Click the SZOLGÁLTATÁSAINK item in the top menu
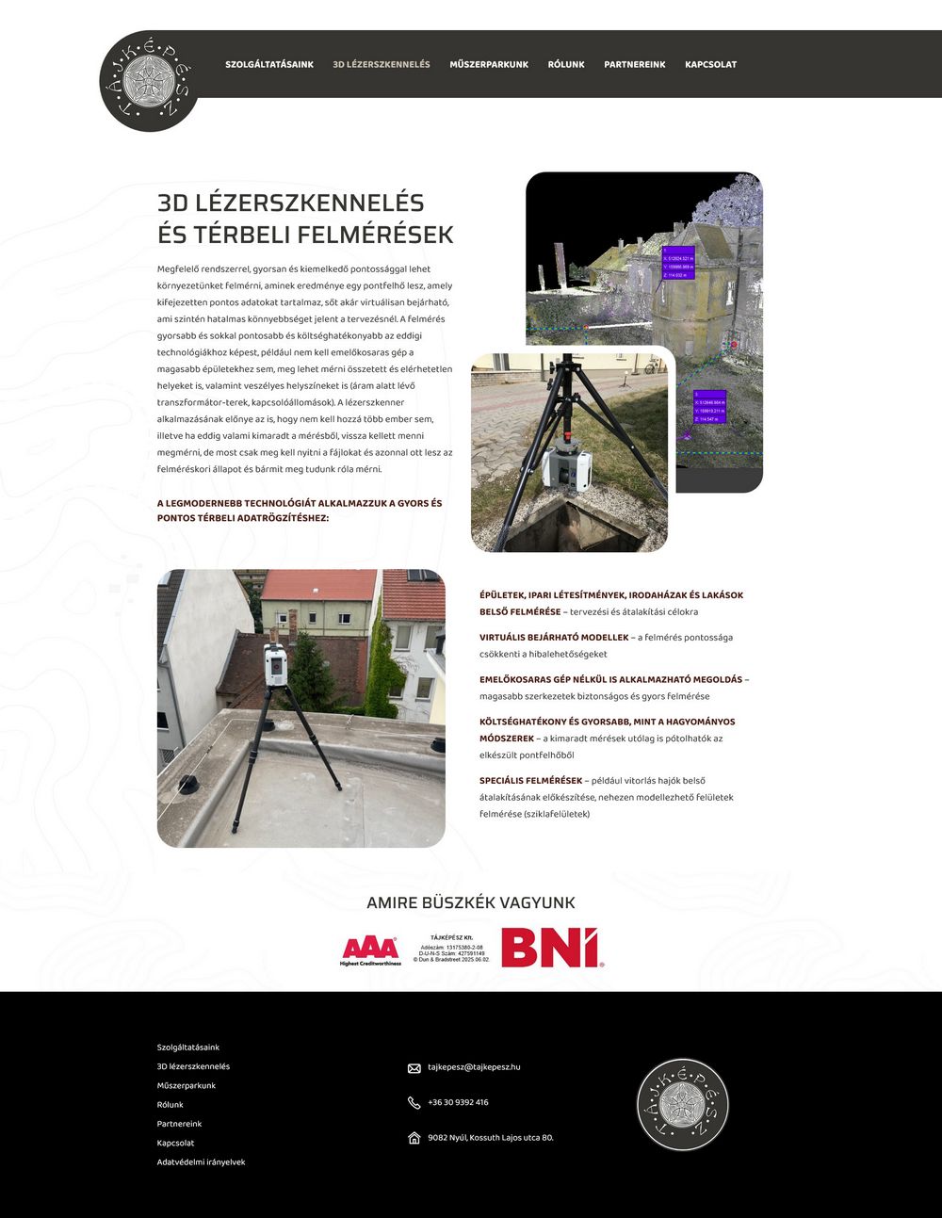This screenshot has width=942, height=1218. [x=269, y=65]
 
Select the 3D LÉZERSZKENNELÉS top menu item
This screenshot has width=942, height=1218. [x=382, y=65]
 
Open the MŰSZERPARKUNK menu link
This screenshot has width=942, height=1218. [x=489, y=65]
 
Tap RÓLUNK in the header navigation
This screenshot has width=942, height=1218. [x=566, y=65]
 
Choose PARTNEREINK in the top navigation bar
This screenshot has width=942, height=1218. [x=635, y=65]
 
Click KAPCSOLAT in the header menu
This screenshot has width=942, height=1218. [x=711, y=65]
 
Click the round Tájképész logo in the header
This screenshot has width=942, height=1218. [x=149, y=81]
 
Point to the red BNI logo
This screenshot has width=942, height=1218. [x=552, y=948]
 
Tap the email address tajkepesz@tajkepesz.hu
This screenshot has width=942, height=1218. [x=474, y=1067]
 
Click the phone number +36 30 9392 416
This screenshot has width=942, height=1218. [x=458, y=1102]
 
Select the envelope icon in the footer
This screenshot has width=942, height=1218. [x=414, y=1068]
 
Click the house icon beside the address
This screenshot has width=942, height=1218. [x=414, y=1138]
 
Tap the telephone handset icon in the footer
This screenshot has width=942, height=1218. [x=414, y=1103]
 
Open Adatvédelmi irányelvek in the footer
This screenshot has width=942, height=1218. [x=201, y=1162]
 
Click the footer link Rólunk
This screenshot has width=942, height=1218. [x=171, y=1105]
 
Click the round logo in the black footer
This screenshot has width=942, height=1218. [x=683, y=1104]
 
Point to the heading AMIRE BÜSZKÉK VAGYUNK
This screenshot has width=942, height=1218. [x=471, y=902]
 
